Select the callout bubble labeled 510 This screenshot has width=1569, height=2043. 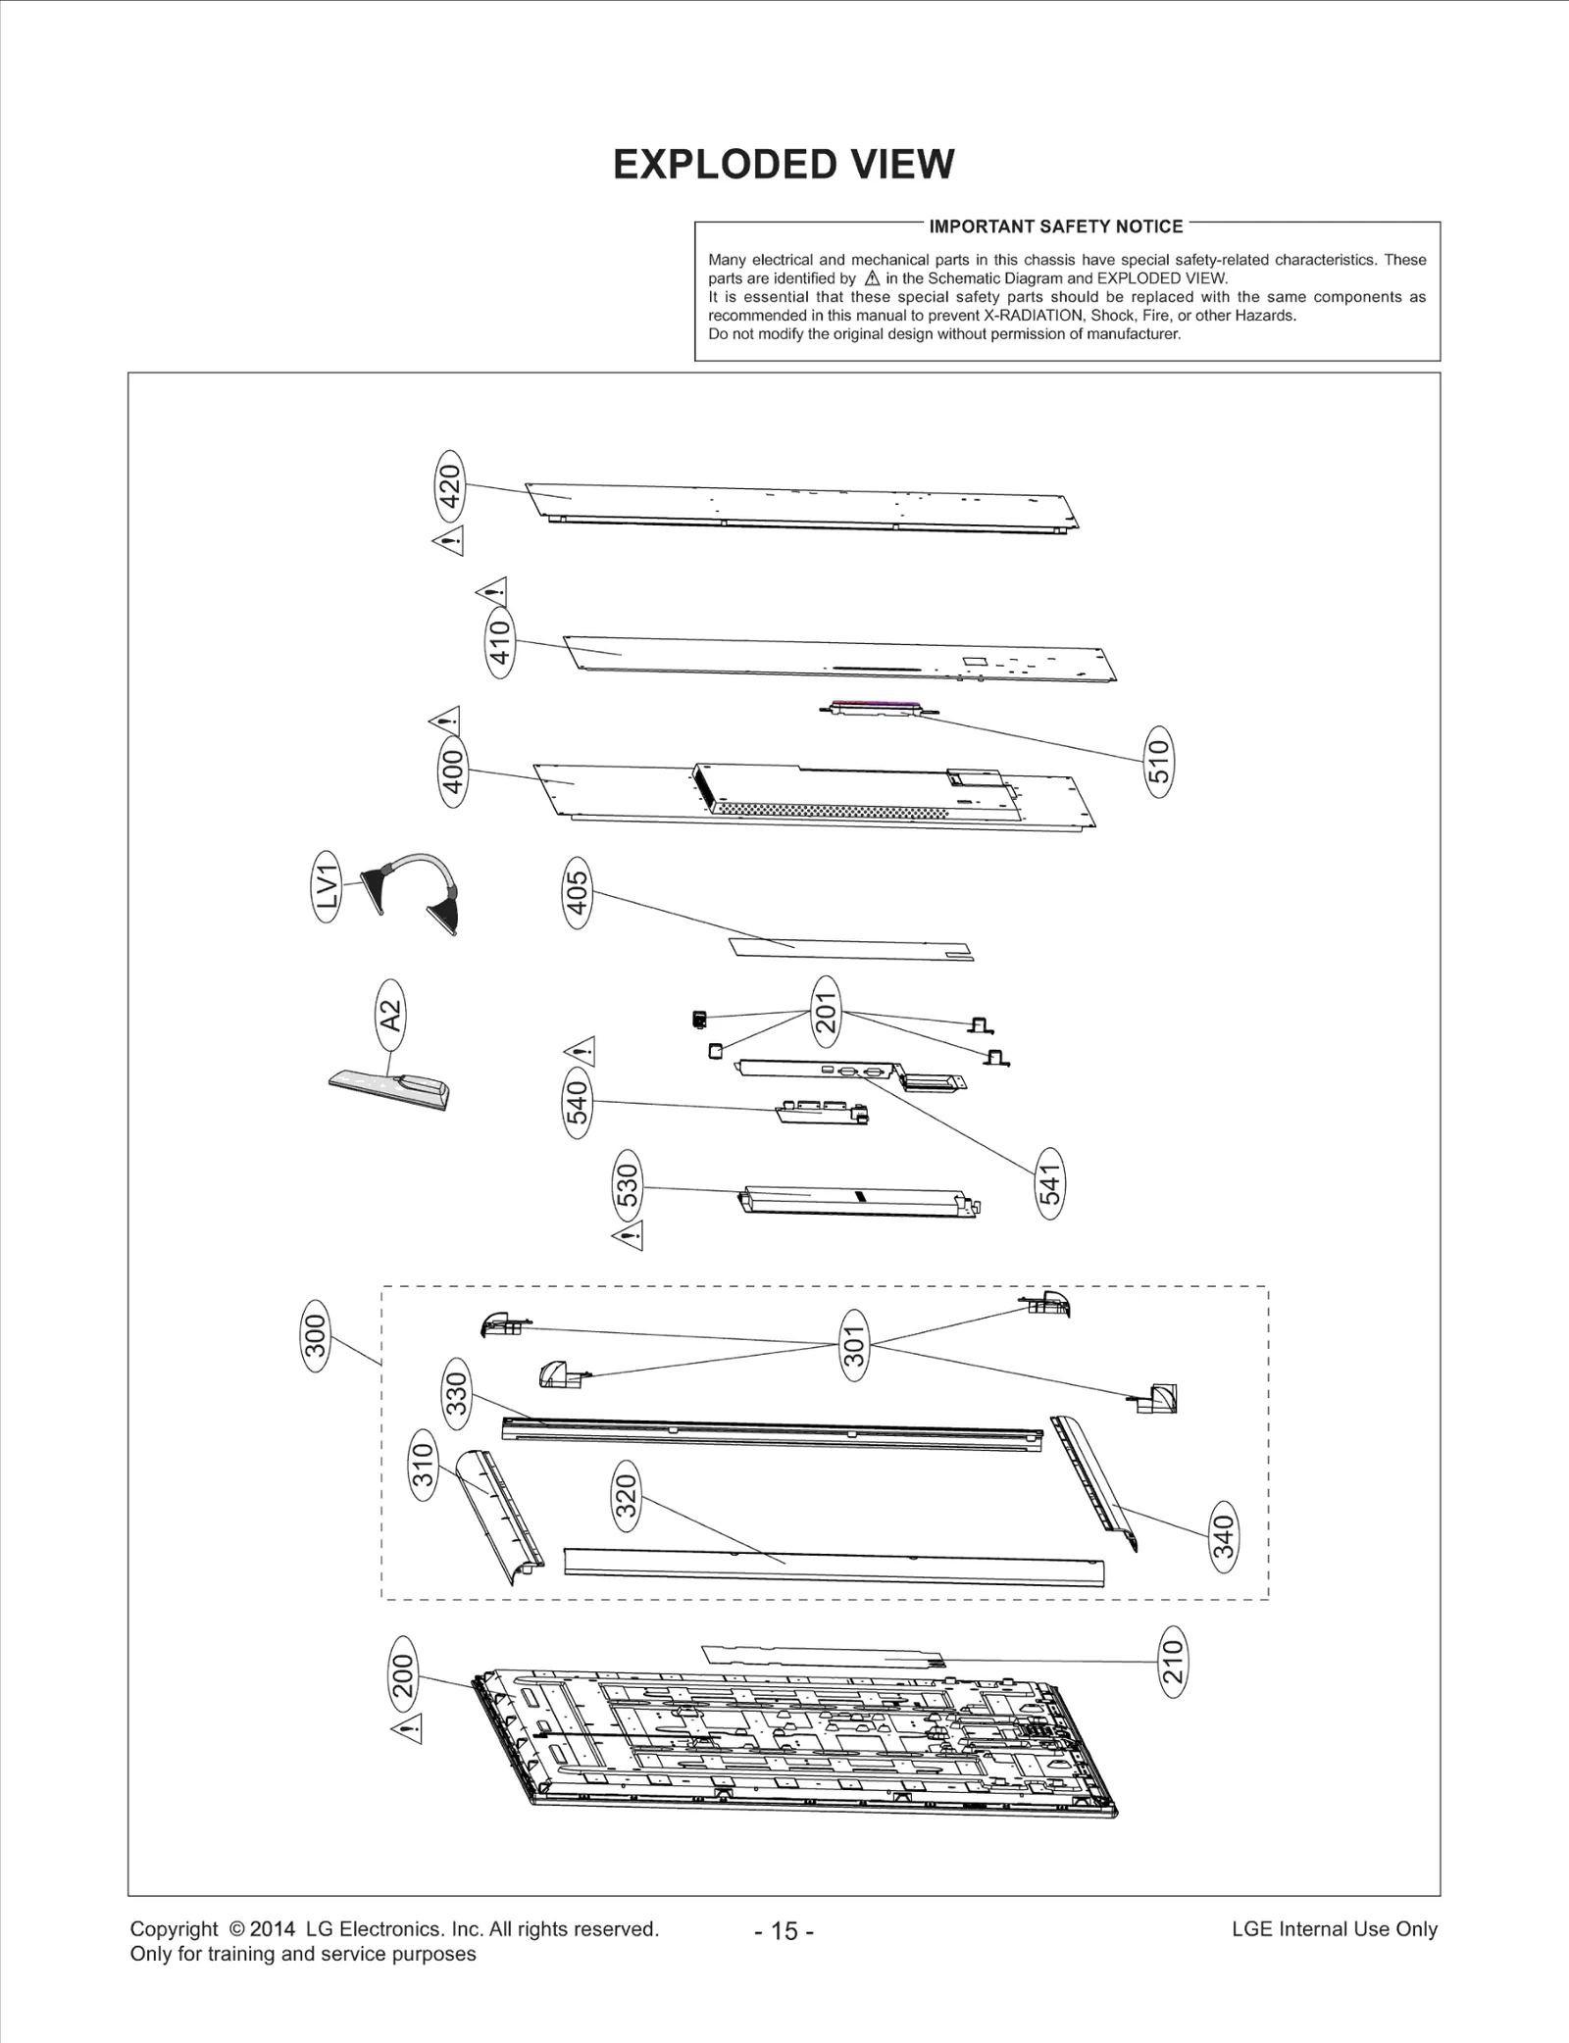(1159, 761)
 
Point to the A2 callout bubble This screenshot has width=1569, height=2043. (390, 1014)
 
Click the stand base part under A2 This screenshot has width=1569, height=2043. (390, 1088)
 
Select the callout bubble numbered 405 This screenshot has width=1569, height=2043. (578, 893)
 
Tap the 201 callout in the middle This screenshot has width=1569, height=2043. (826, 1012)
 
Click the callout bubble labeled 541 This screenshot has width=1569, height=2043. (1050, 1184)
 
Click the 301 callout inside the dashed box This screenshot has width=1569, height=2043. (854, 1345)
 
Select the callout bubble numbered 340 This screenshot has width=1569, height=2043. (1225, 1535)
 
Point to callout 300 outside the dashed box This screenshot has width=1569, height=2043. (315, 1337)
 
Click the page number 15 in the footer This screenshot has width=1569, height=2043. (784, 1930)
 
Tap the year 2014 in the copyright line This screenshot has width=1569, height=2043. (273, 1928)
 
